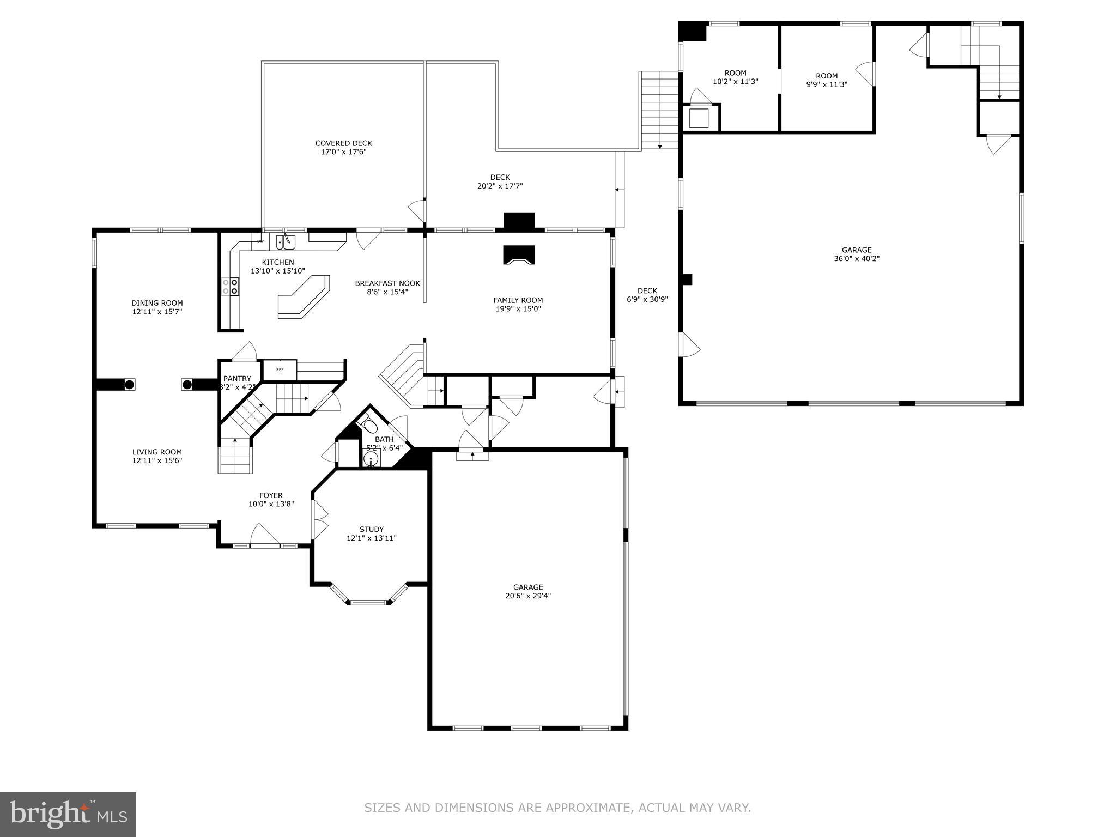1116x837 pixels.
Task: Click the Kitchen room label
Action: click(x=277, y=262)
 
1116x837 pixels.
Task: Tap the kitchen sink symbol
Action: click(x=286, y=241)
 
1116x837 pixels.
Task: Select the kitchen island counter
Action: click(x=304, y=297)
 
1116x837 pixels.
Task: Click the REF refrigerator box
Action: click(x=280, y=370)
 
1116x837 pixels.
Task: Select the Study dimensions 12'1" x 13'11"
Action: click(x=372, y=538)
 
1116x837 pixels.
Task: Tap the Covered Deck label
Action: click(x=343, y=143)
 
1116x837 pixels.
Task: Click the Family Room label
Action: click(x=518, y=300)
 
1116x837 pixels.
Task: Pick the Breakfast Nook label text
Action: click(x=387, y=283)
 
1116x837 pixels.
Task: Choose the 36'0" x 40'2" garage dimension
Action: click(x=857, y=259)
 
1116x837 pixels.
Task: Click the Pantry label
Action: click(x=237, y=379)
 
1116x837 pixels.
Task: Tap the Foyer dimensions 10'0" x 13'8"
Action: click(x=271, y=504)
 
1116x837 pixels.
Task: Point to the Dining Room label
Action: click(x=157, y=303)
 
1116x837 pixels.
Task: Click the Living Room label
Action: click(x=157, y=452)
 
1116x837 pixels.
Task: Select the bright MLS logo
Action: click(x=68, y=814)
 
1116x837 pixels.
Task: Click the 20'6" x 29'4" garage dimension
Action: click(x=527, y=596)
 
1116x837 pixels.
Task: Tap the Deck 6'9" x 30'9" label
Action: click(x=647, y=295)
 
